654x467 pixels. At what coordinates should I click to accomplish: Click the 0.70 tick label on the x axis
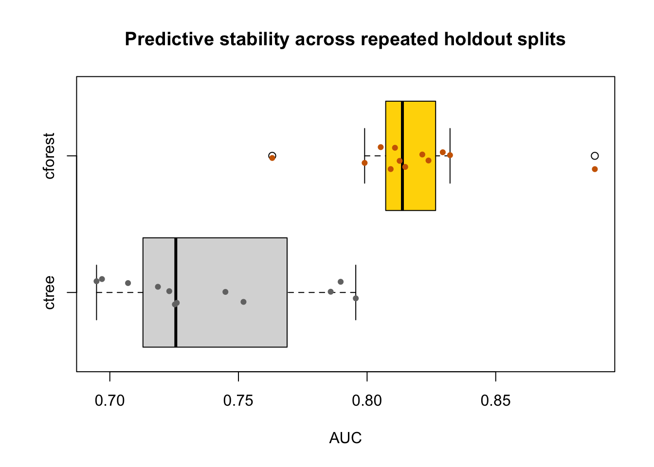point(110,401)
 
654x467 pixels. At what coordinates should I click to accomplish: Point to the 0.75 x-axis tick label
point(238,401)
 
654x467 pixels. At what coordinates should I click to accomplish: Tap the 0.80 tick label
point(367,401)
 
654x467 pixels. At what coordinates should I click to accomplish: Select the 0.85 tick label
point(495,401)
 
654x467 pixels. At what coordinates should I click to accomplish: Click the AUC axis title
point(345,438)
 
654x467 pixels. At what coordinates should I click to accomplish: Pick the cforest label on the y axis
point(49,156)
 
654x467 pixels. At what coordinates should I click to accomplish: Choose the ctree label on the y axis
point(49,292)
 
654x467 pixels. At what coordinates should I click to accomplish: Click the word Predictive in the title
point(169,39)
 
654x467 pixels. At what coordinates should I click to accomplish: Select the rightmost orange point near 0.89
point(595,169)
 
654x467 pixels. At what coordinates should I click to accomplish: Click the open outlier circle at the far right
point(595,156)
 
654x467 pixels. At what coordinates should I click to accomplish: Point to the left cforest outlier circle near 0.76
point(272,155)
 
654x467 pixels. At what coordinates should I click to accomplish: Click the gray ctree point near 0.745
point(225,292)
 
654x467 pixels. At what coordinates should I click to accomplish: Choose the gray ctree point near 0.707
point(128,283)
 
